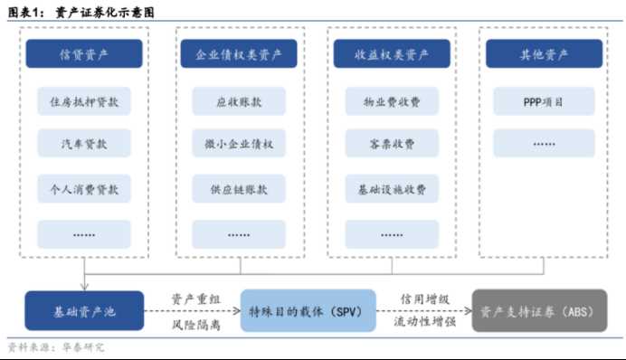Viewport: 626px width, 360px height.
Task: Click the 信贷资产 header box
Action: [84, 55]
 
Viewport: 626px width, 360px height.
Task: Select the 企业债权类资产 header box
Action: [239, 55]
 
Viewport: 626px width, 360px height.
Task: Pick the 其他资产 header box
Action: [544, 55]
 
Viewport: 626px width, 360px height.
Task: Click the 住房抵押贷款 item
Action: [84, 101]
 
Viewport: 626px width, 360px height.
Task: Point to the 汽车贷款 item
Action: [84, 144]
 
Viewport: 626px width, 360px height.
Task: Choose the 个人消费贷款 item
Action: [84, 190]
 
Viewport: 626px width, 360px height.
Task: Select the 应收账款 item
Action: [239, 101]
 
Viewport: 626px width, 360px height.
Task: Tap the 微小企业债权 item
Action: [239, 144]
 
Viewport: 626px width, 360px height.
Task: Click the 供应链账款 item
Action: [239, 190]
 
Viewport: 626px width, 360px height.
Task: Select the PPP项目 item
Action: [544, 101]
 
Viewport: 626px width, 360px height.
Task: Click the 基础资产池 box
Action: [84, 311]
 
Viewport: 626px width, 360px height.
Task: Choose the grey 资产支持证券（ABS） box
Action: [536, 311]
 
